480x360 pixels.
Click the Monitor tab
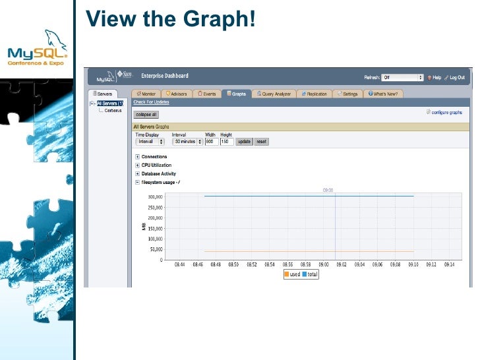coord(146,94)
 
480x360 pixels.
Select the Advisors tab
coord(177,94)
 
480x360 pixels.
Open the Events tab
coord(207,94)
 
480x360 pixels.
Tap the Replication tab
coord(315,94)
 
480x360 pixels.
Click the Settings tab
coord(347,94)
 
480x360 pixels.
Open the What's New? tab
coord(384,94)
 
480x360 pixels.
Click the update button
coord(244,142)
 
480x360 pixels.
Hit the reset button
coord(261,142)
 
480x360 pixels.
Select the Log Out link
coord(456,77)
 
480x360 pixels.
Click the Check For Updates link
coord(151,102)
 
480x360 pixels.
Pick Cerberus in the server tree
coord(112,110)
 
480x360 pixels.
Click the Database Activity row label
coord(159,173)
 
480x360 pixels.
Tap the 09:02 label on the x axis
coord(341,266)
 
